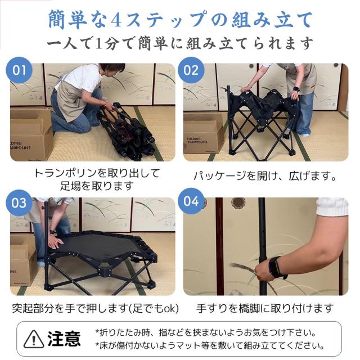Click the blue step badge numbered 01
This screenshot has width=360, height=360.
click(20, 71)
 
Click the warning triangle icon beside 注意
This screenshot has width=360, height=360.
click(35, 339)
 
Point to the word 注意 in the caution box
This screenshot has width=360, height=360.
click(64, 339)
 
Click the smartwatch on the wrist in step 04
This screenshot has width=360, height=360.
click(277, 267)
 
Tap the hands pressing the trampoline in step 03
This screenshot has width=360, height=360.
click(55, 242)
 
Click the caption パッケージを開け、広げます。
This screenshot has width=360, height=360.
click(264, 176)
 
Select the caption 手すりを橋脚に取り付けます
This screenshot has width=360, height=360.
click(264, 308)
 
